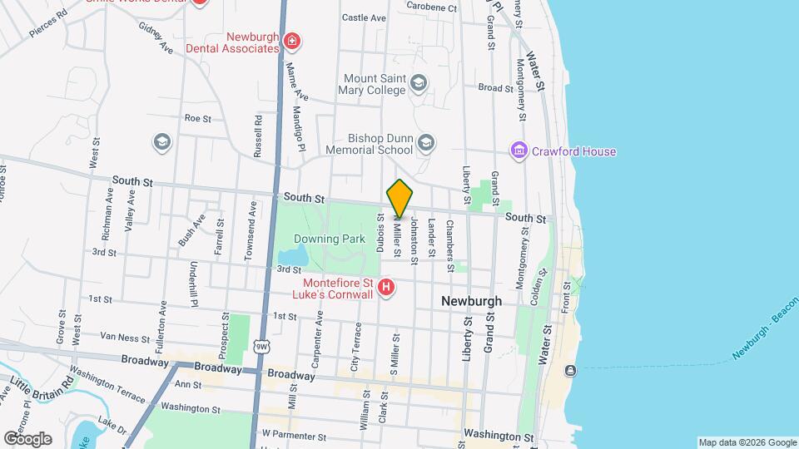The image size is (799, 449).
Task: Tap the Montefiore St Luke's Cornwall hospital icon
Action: pyautogui.click(x=385, y=289)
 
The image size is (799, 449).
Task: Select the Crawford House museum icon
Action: pyautogui.click(x=519, y=151)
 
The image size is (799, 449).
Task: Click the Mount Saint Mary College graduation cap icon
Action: pyautogui.click(x=418, y=82)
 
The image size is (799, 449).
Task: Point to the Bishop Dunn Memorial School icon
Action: pyautogui.click(x=426, y=143)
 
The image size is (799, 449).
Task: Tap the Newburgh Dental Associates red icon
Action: pyautogui.click(x=290, y=41)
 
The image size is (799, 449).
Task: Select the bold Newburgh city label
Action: pyautogui.click(x=472, y=300)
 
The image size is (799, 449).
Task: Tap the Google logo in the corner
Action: pyautogui.click(x=27, y=438)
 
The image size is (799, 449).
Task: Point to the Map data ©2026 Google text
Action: pyautogui.click(x=747, y=442)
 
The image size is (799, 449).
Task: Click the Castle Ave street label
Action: pyautogui.click(x=365, y=17)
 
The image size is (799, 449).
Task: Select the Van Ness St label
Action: pyautogui.click(x=123, y=338)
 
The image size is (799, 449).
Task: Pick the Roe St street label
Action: pyautogui.click(x=198, y=118)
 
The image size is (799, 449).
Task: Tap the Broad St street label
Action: pyautogui.click(x=495, y=87)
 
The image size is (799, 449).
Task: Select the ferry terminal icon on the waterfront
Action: pyautogui.click(x=570, y=370)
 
